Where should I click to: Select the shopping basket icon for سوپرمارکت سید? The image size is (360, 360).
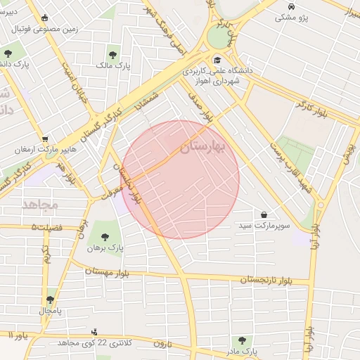point(264,214)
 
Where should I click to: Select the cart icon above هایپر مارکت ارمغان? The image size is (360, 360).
point(45,139)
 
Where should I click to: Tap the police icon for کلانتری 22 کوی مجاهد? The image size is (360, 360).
point(95,331)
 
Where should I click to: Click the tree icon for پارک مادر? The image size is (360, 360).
point(243,340)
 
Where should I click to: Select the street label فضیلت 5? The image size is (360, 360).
point(47,226)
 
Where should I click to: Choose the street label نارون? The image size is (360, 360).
point(163,343)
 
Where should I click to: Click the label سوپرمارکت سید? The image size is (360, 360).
point(264,225)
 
